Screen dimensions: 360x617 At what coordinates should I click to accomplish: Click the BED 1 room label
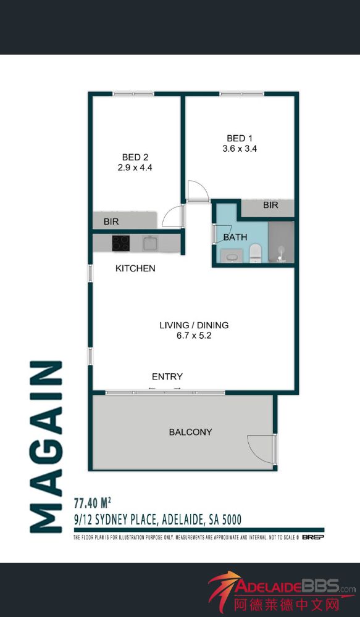(239, 138)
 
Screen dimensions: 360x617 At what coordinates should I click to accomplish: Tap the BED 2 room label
(135, 157)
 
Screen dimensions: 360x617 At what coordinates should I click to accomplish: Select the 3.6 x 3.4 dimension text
(240, 148)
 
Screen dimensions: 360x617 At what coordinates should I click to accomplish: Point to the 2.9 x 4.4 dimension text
(135, 167)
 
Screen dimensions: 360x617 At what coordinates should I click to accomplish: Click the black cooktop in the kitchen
(121, 243)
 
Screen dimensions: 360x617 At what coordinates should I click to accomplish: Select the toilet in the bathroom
(255, 252)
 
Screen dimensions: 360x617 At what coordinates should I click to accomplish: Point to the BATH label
(235, 237)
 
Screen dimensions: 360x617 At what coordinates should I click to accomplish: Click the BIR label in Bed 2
(111, 222)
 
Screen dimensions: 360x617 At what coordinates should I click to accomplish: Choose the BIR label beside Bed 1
(270, 205)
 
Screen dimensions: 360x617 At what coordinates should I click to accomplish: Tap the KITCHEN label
(135, 268)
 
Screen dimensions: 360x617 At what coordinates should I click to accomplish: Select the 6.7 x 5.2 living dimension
(194, 336)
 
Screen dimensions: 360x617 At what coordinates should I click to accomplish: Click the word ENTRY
(167, 376)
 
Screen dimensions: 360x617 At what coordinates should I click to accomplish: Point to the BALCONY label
(191, 432)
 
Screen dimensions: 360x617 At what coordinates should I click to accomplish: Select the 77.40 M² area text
(92, 502)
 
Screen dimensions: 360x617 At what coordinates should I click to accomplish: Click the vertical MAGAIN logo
(46, 447)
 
